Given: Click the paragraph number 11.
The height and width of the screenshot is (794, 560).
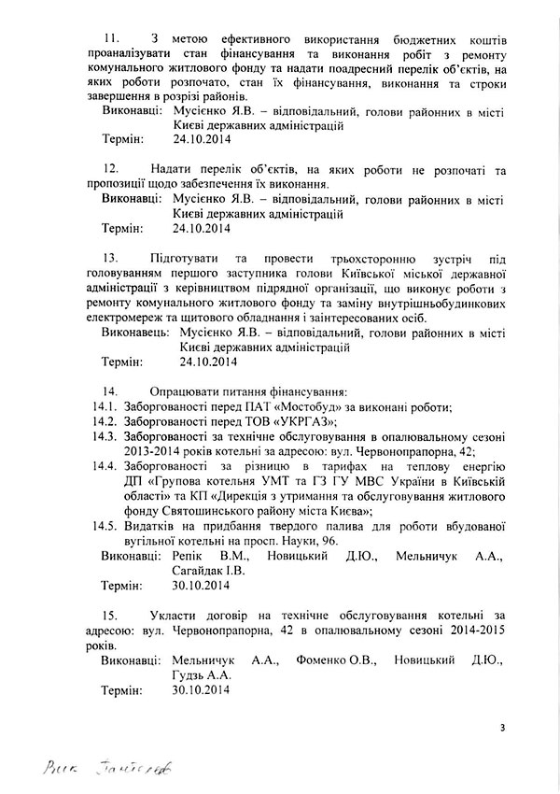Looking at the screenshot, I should click(110, 37).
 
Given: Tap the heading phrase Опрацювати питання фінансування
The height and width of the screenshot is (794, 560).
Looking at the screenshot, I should click(247, 391).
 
